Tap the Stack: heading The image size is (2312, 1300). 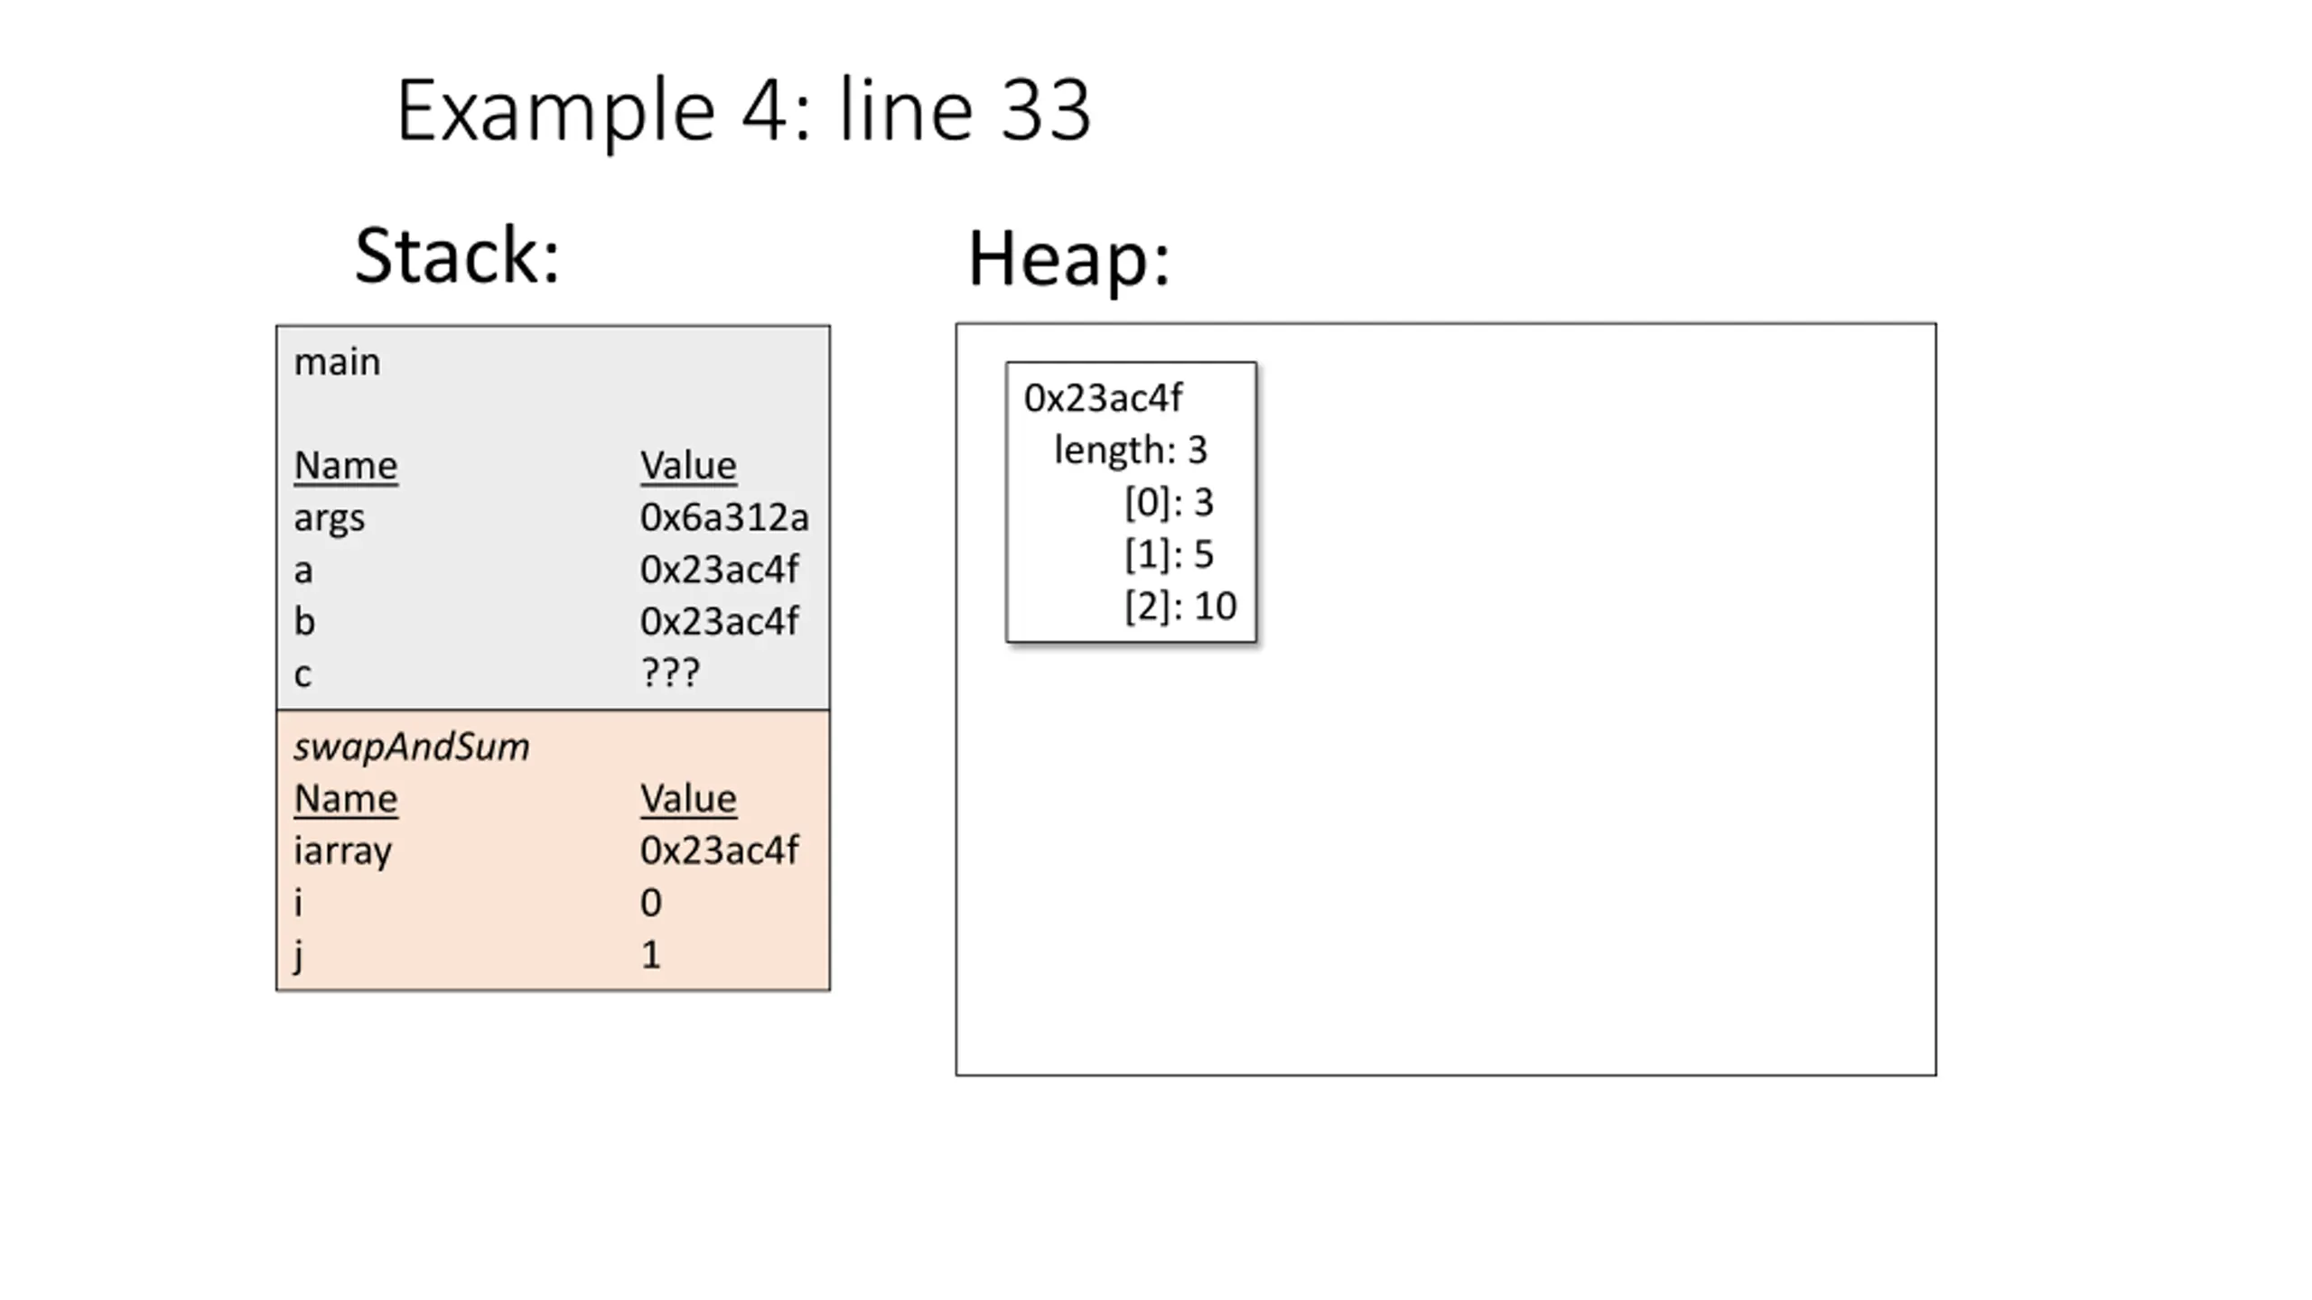pos(457,255)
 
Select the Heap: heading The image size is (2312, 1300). pos(1068,259)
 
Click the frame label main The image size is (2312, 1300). pos(337,362)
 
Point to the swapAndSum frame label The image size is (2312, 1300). pos(411,747)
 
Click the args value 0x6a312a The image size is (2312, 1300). pos(724,517)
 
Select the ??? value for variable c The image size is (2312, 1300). pos(669,673)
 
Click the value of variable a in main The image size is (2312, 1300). pos(719,570)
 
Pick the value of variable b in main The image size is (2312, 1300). pos(719,621)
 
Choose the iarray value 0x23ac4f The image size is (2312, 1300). pos(719,850)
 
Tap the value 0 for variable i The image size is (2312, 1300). pos(650,903)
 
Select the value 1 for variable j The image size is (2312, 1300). pos(650,955)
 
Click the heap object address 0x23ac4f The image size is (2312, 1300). pos(1103,398)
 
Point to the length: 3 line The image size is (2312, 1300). pos(1130,450)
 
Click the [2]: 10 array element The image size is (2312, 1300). pos(1180,607)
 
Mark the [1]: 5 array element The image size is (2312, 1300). pos(1169,554)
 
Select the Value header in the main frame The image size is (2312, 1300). pos(688,466)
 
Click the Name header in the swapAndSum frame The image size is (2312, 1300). pos(345,799)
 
